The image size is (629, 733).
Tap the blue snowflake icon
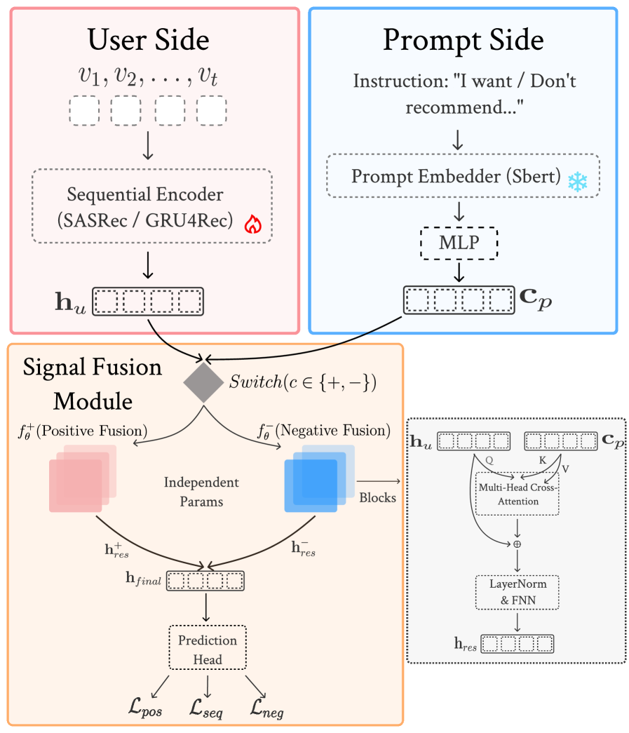pyautogui.click(x=576, y=182)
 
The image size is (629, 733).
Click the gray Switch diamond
pyautogui.click(x=204, y=382)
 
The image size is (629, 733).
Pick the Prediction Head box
pyautogui.click(x=208, y=650)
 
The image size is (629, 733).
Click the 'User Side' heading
pyautogui.click(x=148, y=41)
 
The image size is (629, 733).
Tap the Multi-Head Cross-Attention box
pyautogui.click(x=517, y=494)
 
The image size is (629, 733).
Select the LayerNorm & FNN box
pyautogui.click(x=517, y=591)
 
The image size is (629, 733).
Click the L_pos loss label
pyautogui.click(x=146, y=710)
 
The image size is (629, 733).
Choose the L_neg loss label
pyautogui.click(x=267, y=710)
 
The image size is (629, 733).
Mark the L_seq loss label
pyautogui.click(x=205, y=710)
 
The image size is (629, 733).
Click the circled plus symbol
pyautogui.click(x=517, y=543)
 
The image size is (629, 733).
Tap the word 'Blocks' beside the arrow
pyautogui.click(x=377, y=497)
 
